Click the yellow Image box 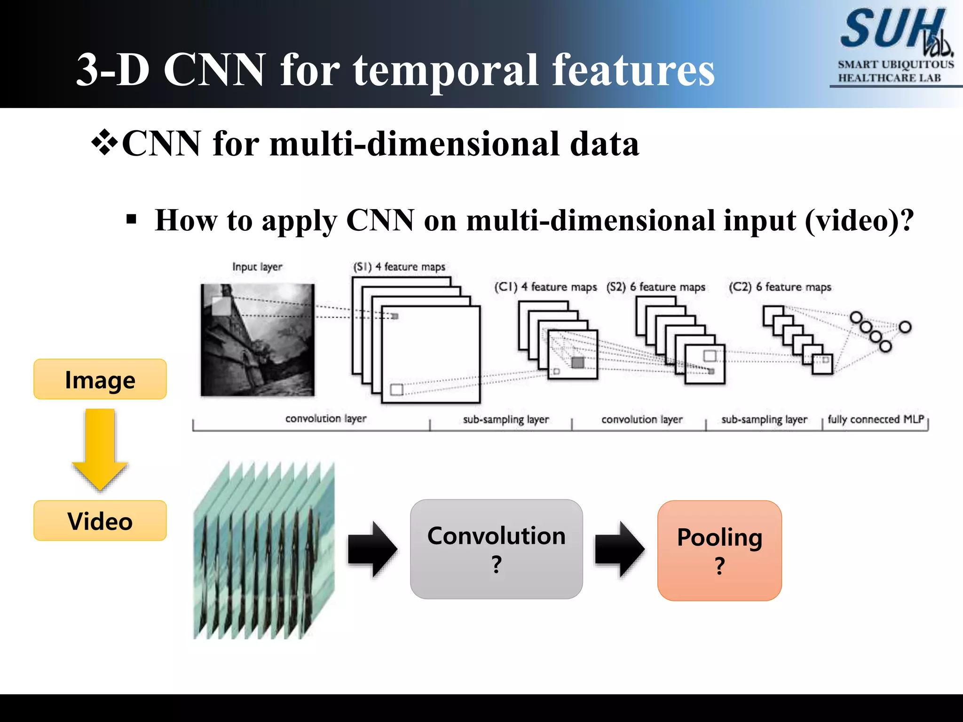tap(100, 379)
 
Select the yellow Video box tap(100, 521)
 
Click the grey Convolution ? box tap(496, 549)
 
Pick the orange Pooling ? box tap(719, 550)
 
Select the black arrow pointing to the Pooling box tap(619, 549)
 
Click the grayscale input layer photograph tap(257, 340)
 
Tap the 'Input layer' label tap(257, 267)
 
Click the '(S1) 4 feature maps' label tap(399, 267)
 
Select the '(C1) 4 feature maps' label tap(545, 287)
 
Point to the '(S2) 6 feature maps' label tap(656, 287)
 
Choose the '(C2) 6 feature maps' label tap(780, 287)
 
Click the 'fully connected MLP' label tap(876, 419)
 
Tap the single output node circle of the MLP tap(905, 327)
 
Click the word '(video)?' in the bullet tap(860, 220)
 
